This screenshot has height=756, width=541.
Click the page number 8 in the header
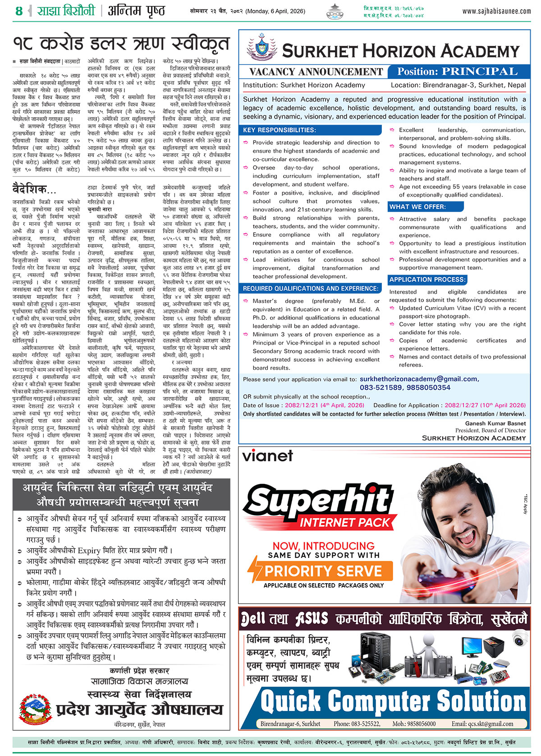pos(18,11)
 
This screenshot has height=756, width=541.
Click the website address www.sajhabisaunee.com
pos(496,11)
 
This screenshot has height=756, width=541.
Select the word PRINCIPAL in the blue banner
pos(479,71)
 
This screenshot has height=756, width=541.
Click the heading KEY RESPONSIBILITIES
pos(280,130)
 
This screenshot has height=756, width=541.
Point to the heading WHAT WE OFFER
pos(417,207)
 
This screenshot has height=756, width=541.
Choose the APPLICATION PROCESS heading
pos(427,280)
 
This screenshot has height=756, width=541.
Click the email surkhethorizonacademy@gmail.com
pos(418,379)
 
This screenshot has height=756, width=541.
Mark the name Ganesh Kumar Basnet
pos(495,424)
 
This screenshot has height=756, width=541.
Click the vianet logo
pos(268,456)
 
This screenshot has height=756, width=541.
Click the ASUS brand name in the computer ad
pos(312,619)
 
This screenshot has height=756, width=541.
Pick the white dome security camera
pos(520,637)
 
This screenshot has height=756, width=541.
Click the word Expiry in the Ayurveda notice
pos(96,550)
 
